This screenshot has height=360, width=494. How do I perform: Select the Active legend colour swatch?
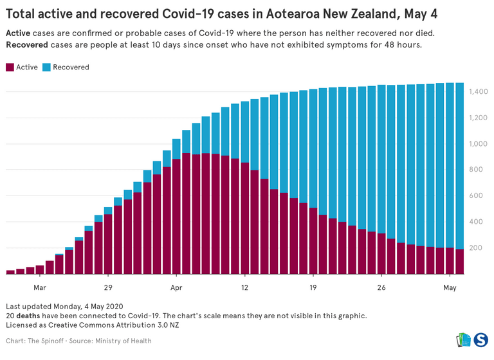pos(10,67)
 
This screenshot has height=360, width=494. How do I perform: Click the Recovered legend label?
pos(71,67)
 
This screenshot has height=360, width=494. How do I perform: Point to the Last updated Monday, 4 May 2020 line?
pos(64,306)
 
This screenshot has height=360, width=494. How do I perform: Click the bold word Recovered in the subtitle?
pos(28,45)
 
